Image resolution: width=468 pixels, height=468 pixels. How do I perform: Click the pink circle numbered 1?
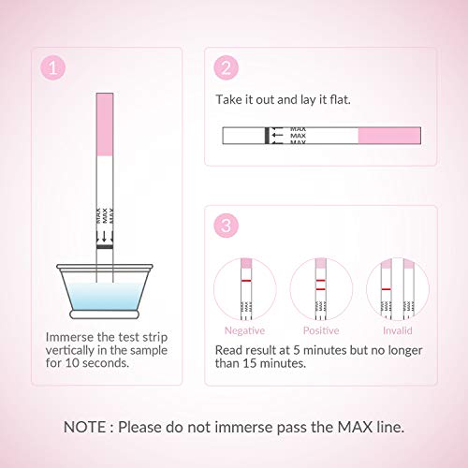tap(53, 67)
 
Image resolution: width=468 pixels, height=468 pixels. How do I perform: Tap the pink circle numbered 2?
tap(227, 67)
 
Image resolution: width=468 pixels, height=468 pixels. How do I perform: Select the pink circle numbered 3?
tap(227, 226)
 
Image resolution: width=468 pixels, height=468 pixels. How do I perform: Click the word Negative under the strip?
tap(244, 330)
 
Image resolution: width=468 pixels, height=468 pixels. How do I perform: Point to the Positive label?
tap(321, 330)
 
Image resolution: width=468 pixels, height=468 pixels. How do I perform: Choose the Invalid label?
tap(398, 330)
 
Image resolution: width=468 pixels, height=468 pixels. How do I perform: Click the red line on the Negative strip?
tap(246, 281)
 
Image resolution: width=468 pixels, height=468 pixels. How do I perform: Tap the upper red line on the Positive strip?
tap(320, 281)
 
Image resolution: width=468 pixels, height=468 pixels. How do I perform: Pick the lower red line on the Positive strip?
tap(320, 289)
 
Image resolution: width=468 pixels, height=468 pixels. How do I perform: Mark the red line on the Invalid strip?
tap(387, 289)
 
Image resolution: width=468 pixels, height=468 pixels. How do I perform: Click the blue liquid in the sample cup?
tap(105, 297)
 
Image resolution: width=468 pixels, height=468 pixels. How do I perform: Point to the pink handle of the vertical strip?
tap(105, 124)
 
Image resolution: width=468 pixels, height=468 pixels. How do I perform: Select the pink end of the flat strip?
tap(389, 136)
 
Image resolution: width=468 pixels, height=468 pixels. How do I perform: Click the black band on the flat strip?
tap(267, 136)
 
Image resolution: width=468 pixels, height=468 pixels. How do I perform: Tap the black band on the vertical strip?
tap(105, 247)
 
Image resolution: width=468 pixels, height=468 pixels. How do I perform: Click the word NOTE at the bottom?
tap(84, 427)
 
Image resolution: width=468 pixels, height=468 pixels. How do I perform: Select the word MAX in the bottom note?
tap(356, 427)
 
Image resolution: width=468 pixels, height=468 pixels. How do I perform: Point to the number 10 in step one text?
tap(72, 363)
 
